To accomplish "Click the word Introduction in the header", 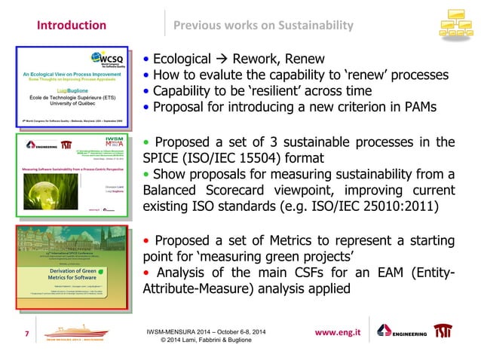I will click(x=72, y=26).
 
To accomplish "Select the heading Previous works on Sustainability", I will click(x=263, y=26).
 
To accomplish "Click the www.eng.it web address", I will click(x=342, y=331).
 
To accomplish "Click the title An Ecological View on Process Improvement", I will click(x=70, y=77).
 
